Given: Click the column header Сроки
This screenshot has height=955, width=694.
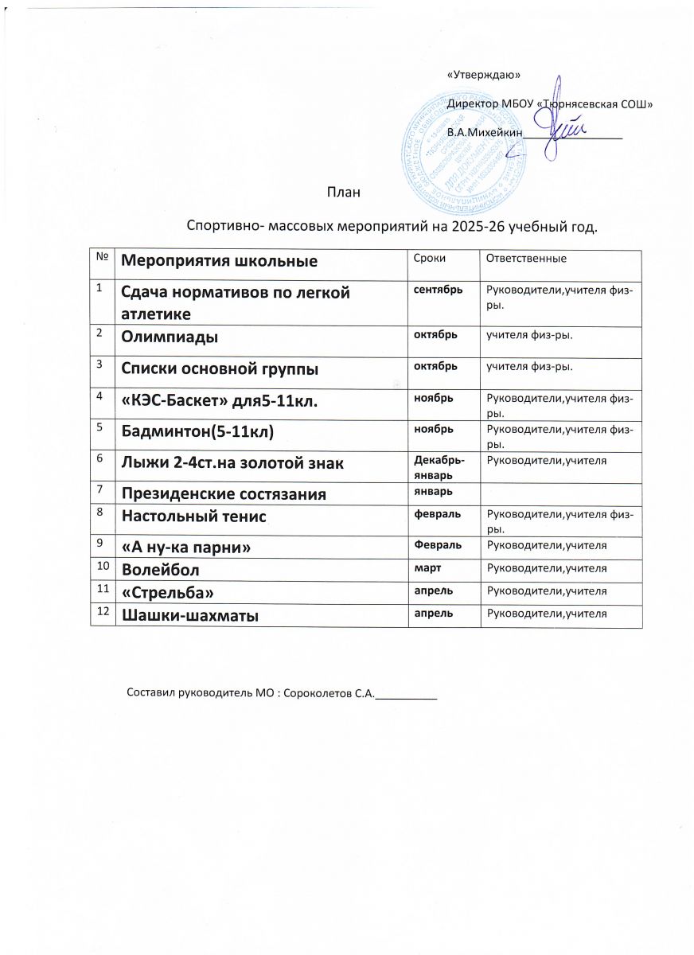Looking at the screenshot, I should (427, 259).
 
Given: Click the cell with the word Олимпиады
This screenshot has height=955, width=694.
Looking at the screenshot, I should (170, 337).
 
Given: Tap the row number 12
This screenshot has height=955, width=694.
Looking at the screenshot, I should (101, 611).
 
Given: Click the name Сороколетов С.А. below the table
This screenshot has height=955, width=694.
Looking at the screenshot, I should (328, 694).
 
